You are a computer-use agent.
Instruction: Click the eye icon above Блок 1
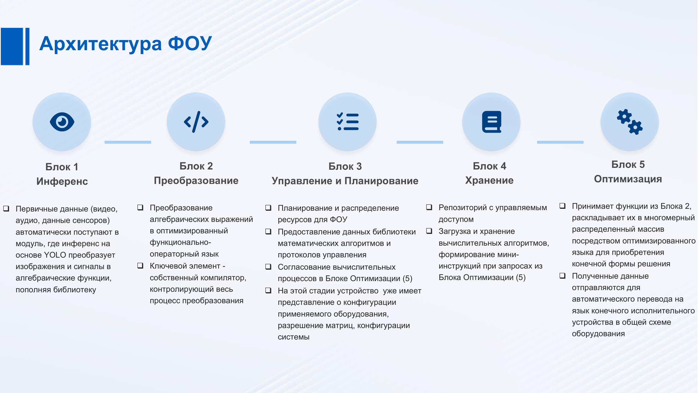click(62, 122)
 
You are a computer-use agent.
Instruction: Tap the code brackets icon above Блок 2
click(196, 122)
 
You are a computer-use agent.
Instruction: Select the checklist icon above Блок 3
click(348, 122)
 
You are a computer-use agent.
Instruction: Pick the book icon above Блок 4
click(492, 122)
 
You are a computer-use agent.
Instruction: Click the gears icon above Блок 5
click(630, 122)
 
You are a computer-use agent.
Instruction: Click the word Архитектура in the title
click(101, 44)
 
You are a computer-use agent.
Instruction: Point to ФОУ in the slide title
click(190, 43)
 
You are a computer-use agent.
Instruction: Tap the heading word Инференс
click(62, 181)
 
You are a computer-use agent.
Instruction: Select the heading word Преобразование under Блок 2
click(196, 180)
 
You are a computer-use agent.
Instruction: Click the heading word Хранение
click(489, 180)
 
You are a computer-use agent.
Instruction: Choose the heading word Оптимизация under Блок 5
click(628, 179)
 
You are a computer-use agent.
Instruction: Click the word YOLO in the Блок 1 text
click(55, 255)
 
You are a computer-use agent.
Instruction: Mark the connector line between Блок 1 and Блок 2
click(128, 142)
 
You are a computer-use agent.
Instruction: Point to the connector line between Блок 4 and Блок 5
click(560, 142)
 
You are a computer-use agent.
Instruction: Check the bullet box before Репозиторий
click(429, 207)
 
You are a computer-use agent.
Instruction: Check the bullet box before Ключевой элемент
click(140, 266)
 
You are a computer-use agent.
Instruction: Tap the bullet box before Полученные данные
click(562, 276)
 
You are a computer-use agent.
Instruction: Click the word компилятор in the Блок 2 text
click(224, 278)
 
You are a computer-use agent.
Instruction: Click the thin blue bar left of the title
click(28, 46)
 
